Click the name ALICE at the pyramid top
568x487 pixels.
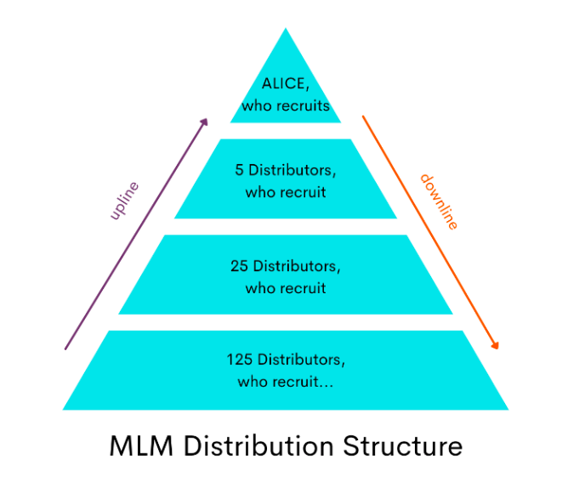pyautogui.click(x=285, y=86)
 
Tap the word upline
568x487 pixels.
pyautogui.click(x=124, y=201)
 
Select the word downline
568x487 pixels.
pyautogui.click(x=439, y=201)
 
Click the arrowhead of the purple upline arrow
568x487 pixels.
pyautogui.click(x=204, y=122)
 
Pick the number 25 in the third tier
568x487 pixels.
pyautogui.click(x=239, y=266)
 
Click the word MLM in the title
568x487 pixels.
pyautogui.click(x=141, y=446)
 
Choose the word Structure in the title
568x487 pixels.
pyautogui.click(x=403, y=446)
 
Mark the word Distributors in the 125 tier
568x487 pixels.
pyautogui.click(x=303, y=359)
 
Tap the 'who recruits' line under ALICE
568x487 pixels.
pyautogui.click(x=285, y=107)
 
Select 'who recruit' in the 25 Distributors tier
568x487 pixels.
pyautogui.click(x=285, y=288)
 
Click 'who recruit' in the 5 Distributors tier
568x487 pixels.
pyautogui.click(x=285, y=192)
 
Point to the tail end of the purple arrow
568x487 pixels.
pyautogui.click(x=65, y=348)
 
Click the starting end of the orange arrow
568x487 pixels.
pyautogui.click(x=364, y=116)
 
